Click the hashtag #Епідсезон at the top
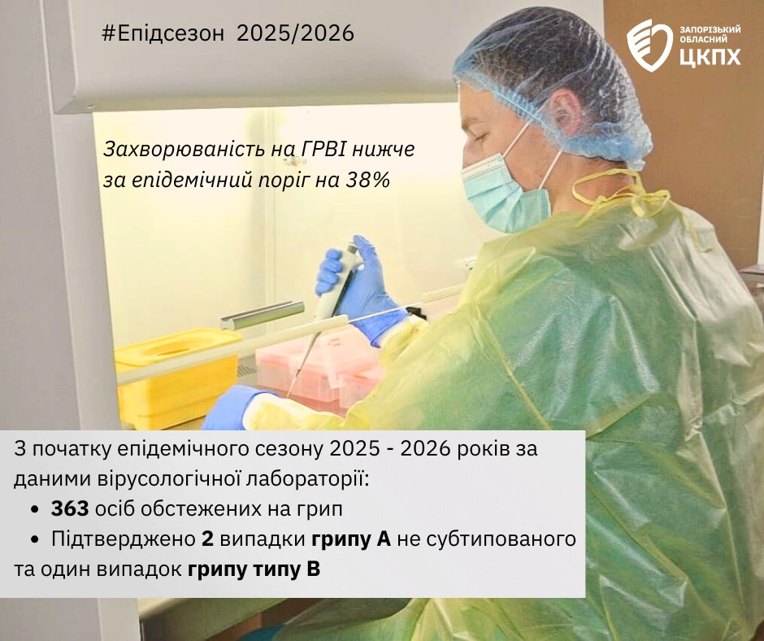pos(163,33)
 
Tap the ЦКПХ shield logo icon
pos(649,46)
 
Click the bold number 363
pos(70,508)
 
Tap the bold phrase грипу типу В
pos(254,569)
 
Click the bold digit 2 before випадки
pos(207,539)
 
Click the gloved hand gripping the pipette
pos(361,288)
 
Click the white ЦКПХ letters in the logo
pos(710,56)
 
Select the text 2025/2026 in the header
pos(296,33)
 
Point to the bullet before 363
pos(34,509)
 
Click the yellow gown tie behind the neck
pos(623,195)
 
